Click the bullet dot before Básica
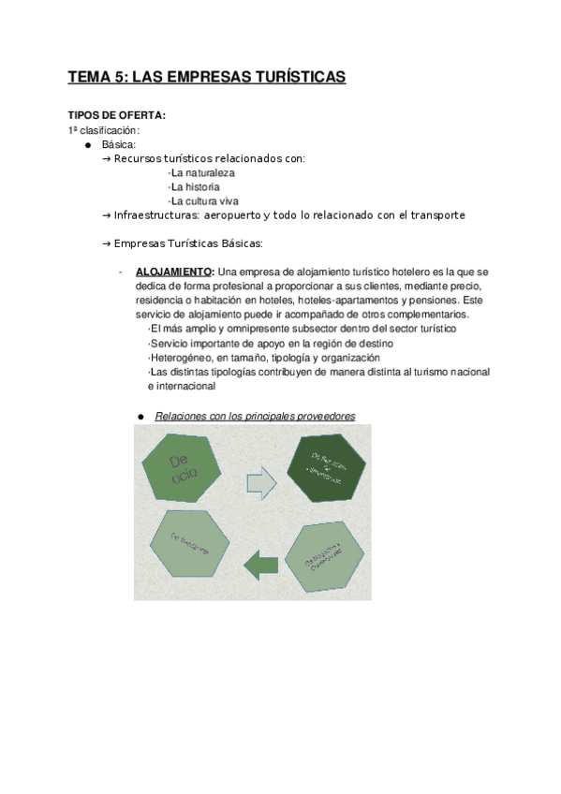click(88, 145)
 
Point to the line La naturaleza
click(202, 173)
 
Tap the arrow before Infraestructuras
click(106, 215)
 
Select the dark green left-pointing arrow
click(261, 564)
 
